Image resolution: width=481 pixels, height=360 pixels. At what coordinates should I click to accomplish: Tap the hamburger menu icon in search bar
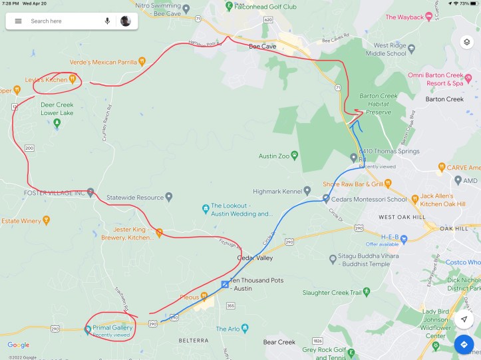tap(18, 21)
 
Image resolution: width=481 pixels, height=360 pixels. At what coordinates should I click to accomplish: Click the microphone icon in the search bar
tap(107, 21)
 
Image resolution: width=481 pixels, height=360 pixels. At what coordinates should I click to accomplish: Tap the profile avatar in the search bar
tap(125, 21)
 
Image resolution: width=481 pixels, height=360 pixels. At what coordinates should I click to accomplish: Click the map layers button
tap(467, 42)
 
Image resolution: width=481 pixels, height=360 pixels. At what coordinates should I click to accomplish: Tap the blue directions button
tap(464, 345)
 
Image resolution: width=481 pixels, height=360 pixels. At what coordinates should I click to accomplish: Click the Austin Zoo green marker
tap(294, 156)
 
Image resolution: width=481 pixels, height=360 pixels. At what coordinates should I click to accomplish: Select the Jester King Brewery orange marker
tap(159, 233)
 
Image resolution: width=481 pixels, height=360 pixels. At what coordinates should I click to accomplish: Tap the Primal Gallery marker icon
tap(88, 328)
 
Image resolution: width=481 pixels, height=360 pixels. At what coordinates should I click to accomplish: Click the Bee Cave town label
tap(262, 47)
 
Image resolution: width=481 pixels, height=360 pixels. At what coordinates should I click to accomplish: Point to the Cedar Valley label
tap(255, 258)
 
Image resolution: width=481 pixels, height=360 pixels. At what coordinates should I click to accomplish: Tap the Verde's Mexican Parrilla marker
tap(142, 62)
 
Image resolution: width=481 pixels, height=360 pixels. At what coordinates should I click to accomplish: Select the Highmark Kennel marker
tap(307, 190)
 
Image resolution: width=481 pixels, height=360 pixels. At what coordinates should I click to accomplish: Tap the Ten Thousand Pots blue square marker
tap(225, 285)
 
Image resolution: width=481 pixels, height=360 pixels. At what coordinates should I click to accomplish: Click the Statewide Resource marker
tap(168, 197)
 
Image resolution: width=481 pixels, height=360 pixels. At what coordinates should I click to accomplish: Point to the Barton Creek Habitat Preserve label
tap(382, 104)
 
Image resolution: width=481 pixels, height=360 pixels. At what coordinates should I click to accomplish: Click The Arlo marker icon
tap(245, 328)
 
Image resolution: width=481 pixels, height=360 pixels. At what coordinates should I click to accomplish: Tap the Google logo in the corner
tap(19, 345)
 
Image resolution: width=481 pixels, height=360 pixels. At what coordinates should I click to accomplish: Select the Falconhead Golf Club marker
tap(230, 6)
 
